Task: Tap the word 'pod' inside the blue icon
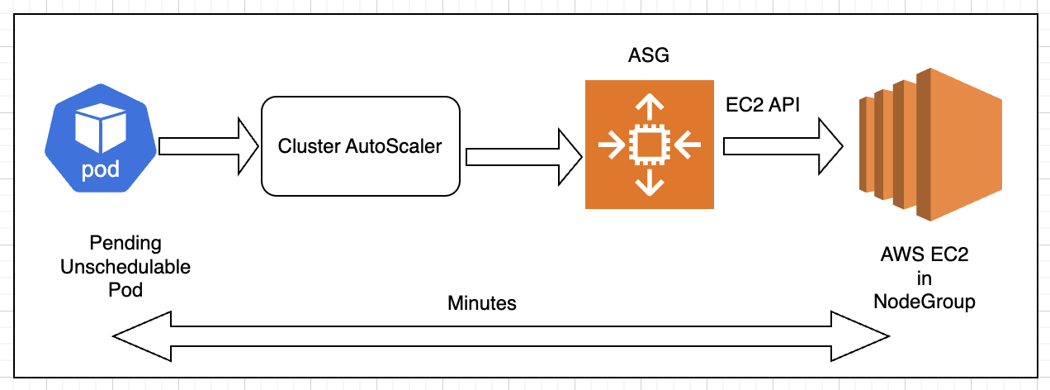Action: [x=102, y=171]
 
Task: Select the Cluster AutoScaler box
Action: [x=360, y=146]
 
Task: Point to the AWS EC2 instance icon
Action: [x=928, y=145]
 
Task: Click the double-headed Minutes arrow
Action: [x=501, y=337]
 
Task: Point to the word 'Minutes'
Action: [x=482, y=303]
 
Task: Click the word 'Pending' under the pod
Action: [x=125, y=244]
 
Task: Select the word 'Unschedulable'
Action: [x=125, y=268]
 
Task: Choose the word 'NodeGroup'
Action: [x=925, y=302]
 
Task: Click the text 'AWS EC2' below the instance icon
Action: [x=925, y=256]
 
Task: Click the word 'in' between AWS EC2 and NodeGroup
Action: [x=925, y=279]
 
